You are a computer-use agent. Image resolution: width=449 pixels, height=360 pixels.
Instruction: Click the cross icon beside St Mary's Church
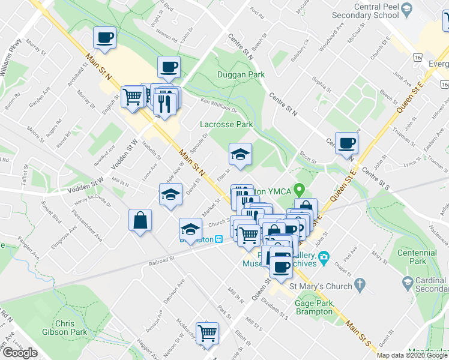tap(359, 283)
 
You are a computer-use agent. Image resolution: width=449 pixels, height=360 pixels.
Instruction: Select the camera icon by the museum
tap(324, 259)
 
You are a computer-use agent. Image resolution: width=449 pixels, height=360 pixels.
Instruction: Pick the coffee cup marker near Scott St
tap(346, 144)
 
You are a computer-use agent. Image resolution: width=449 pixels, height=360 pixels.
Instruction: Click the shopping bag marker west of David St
tap(140, 220)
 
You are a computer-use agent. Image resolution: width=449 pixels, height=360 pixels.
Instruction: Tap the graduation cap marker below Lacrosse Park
tap(240, 155)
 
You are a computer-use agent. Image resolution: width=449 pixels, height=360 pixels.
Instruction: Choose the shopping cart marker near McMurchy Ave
tap(207, 333)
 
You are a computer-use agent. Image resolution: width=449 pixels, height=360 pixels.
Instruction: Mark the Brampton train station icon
tap(219, 239)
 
